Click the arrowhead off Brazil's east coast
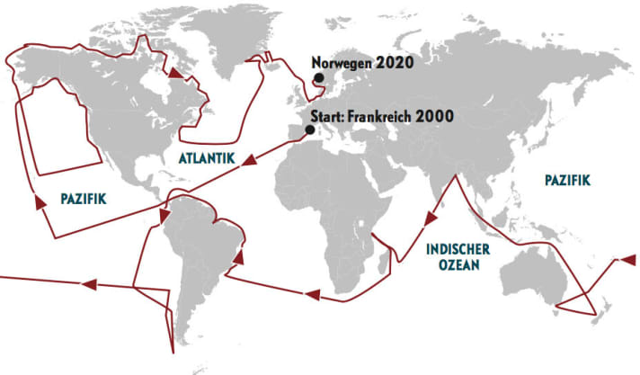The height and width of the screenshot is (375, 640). tap(239, 256)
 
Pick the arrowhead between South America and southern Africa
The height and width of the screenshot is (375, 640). tap(313, 294)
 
